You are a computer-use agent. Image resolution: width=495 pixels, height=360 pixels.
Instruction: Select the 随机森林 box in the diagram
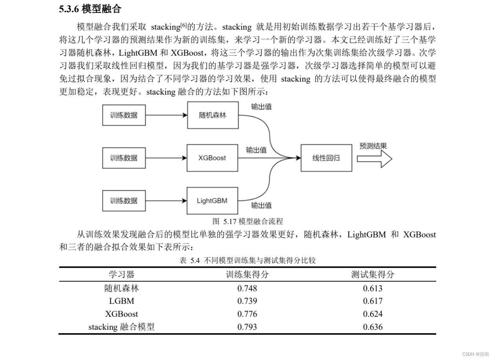click(213, 115)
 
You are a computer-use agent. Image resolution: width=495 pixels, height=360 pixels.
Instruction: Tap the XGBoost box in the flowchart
click(212, 158)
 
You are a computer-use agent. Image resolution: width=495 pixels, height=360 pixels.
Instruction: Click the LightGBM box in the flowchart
click(212, 201)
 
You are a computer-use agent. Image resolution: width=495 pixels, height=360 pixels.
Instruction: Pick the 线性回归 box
click(326, 158)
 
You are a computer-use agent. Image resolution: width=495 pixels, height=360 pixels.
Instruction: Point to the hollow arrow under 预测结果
click(374, 159)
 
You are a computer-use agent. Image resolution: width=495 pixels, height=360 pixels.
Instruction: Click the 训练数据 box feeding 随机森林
click(124, 115)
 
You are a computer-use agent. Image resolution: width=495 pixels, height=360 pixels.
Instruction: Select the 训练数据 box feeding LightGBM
click(124, 201)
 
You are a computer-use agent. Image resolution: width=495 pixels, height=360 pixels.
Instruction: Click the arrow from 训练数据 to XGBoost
click(166, 158)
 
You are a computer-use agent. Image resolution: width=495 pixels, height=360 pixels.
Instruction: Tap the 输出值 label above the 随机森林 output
click(261, 106)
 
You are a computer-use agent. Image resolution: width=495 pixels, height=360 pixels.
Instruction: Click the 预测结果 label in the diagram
click(373, 146)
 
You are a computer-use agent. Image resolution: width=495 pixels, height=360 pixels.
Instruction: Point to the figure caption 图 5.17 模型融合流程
click(247, 221)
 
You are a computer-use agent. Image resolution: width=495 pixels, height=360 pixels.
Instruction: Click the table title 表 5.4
click(247, 260)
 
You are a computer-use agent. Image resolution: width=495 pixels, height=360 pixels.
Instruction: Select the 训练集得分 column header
click(247, 274)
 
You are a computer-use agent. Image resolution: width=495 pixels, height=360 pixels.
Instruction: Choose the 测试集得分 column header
click(372, 274)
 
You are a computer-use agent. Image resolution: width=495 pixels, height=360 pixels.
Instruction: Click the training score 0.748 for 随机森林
click(247, 289)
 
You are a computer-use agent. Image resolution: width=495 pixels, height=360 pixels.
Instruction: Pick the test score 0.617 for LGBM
click(372, 301)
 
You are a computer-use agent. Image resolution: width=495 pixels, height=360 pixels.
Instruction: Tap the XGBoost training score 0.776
click(247, 314)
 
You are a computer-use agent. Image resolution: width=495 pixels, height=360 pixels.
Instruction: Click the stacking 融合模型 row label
click(121, 327)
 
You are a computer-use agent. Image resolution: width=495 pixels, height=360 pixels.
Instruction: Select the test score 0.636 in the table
click(372, 327)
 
